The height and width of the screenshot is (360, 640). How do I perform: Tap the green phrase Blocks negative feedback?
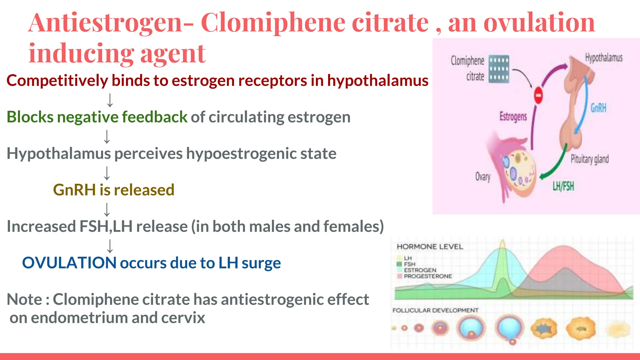click(x=97, y=117)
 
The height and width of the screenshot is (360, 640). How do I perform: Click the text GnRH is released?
click(x=113, y=190)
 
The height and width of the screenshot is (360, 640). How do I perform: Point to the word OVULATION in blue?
click(x=69, y=263)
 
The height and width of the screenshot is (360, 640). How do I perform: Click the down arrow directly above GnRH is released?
click(x=107, y=173)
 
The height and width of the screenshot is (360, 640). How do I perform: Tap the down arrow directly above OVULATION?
click(x=110, y=246)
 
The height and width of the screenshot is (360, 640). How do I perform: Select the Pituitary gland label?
click(x=589, y=159)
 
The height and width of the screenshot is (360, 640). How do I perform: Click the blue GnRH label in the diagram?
click(x=598, y=108)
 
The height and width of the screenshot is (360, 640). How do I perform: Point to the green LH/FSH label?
click(x=563, y=186)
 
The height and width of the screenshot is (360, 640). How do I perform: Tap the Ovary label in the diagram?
click(x=483, y=177)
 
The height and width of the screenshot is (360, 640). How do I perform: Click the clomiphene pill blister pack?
click(x=499, y=69)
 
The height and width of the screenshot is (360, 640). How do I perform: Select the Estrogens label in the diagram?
click(x=513, y=117)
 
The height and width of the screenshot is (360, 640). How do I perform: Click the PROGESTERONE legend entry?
click(x=427, y=276)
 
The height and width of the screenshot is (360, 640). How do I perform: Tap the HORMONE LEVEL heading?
click(x=430, y=247)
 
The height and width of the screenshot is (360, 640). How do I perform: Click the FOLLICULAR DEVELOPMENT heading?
click(x=435, y=310)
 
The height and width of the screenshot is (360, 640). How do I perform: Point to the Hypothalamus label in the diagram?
click(x=603, y=58)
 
